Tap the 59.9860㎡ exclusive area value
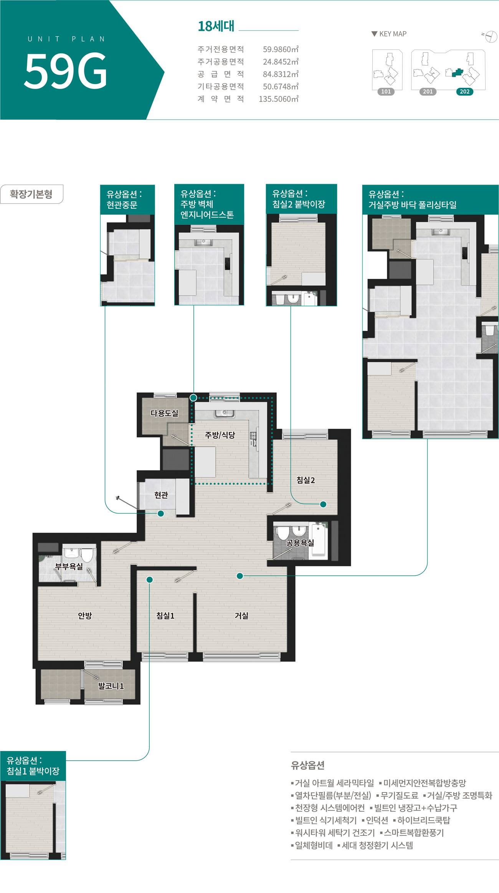[281, 49]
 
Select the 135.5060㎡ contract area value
[279, 99]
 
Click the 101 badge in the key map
[386, 92]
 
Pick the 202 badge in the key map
[465, 92]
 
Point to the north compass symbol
[490, 36]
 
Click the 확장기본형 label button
[31, 194]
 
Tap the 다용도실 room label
[164, 413]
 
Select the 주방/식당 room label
[220, 435]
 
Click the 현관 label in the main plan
[161, 495]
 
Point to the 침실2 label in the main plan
[306, 480]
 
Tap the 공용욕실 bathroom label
[300, 543]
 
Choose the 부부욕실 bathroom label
[69, 566]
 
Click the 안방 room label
[85, 616]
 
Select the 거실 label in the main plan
[241, 616]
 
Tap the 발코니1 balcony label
[111, 686]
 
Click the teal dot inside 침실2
[323, 504]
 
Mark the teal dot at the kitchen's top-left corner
[193, 398]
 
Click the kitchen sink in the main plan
[225, 413]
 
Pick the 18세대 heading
[216, 26]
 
